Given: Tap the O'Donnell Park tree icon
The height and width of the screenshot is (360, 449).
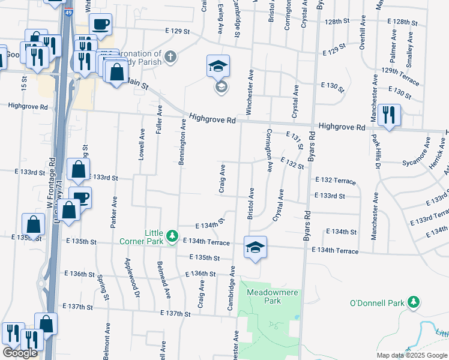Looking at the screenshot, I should click(x=413, y=303).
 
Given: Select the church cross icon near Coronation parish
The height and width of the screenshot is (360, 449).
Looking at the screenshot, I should click(x=171, y=58).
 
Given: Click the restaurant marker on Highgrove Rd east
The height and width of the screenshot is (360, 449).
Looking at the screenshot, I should click(x=390, y=115).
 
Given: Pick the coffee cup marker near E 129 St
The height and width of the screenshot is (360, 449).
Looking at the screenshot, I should click(x=100, y=25).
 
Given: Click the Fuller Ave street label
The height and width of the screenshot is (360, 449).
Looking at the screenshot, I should click(x=160, y=119).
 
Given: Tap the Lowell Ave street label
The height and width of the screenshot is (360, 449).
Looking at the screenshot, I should click(x=142, y=144).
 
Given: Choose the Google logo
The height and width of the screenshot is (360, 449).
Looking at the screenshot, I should click(x=20, y=353).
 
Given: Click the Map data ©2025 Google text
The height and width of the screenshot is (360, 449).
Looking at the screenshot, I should click(x=412, y=355).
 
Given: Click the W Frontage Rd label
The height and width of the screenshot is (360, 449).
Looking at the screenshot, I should click(x=52, y=180).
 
